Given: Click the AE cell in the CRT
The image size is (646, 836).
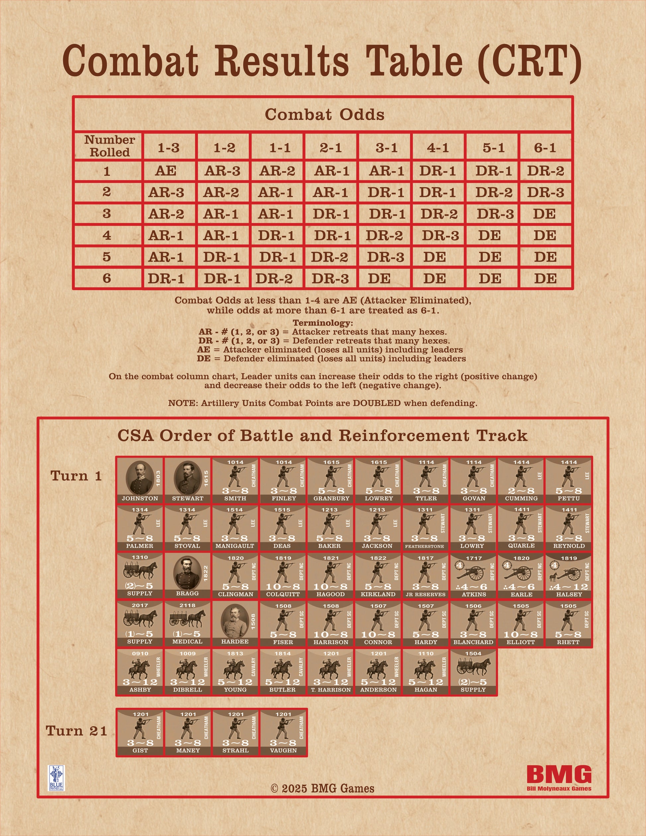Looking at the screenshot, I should [x=166, y=171].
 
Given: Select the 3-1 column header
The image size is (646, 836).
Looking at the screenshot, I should [x=386, y=147].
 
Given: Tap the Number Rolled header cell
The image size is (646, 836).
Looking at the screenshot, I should [x=110, y=146].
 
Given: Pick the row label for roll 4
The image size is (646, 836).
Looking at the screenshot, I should [x=107, y=235].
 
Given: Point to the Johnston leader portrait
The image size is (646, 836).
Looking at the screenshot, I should [x=140, y=477].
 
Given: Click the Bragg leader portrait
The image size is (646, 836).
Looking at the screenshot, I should [x=188, y=573].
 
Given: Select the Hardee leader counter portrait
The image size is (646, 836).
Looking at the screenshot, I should [x=235, y=621].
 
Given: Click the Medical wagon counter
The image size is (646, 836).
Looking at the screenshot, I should [x=188, y=624].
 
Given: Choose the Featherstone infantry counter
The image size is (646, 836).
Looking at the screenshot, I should [x=426, y=528].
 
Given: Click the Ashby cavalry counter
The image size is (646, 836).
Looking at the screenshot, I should [x=140, y=671].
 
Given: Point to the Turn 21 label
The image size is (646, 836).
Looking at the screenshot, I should [x=77, y=731].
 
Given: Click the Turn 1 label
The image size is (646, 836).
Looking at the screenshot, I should [x=77, y=476].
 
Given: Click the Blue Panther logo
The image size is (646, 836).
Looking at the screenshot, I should [x=56, y=778].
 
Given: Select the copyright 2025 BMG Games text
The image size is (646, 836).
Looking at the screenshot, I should [x=323, y=789].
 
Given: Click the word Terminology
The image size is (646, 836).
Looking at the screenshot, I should [x=323, y=323].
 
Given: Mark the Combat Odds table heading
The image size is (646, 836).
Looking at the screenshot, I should [x=325, y=115].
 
